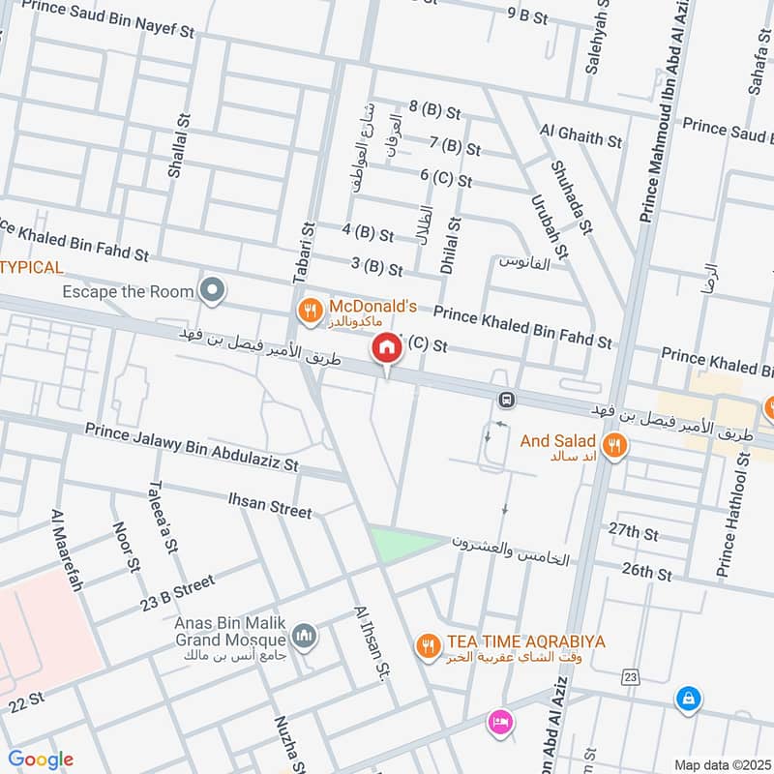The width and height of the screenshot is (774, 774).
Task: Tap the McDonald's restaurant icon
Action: [309, 310]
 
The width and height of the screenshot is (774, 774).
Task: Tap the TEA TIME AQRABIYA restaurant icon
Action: [427, 644]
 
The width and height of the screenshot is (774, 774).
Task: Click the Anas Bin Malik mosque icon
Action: [305, 636]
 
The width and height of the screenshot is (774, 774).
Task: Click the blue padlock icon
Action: [688, 699]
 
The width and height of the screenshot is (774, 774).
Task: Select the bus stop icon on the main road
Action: [506, 400]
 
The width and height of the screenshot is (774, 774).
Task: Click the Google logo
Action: [41, 759]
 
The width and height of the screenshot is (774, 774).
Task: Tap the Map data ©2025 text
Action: [721, 764]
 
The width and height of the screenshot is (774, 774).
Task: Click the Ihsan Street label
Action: [269, 505]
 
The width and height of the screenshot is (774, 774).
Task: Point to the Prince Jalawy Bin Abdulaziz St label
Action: [191, 446]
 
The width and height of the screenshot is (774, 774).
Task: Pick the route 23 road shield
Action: [631, 675]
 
